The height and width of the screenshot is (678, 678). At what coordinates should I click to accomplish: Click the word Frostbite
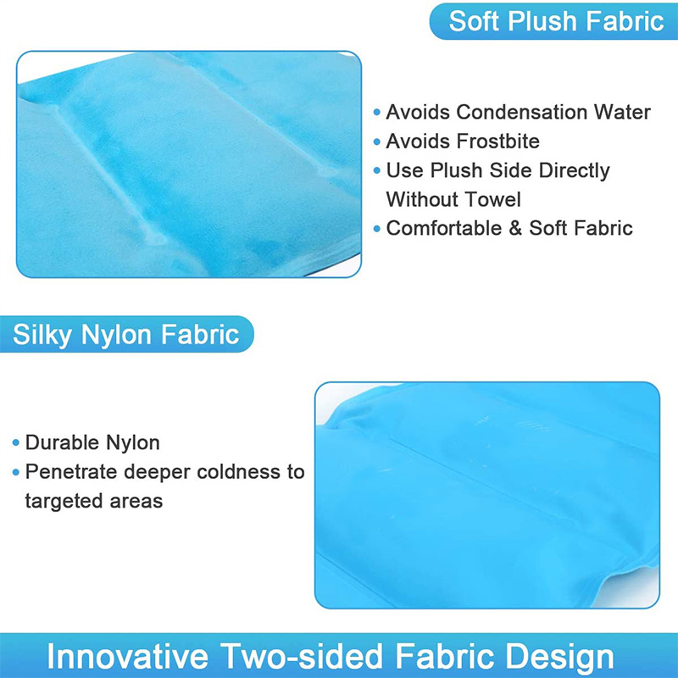[x=498, y=141]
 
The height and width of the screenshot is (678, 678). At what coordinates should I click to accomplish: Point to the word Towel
[x=490, y=199]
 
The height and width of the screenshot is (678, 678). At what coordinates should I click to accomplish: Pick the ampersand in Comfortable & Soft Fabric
[x=515, y=228]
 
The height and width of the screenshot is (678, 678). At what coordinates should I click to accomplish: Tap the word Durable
[x=62, y=442]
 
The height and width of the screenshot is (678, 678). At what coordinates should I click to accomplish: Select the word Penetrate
[x=71, y=472]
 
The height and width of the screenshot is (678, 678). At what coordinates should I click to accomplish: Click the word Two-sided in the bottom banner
[x=303, y=656]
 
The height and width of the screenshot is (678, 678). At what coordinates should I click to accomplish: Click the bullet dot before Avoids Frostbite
[x=376, y=142]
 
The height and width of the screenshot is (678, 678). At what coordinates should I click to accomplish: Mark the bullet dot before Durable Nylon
[x=16, y=442]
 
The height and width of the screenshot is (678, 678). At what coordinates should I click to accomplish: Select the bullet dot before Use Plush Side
[x=376, y=170]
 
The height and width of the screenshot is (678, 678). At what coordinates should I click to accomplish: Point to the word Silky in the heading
[x=42, y=335]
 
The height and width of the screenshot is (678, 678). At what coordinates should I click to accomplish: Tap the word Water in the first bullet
[x=622, y=112]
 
